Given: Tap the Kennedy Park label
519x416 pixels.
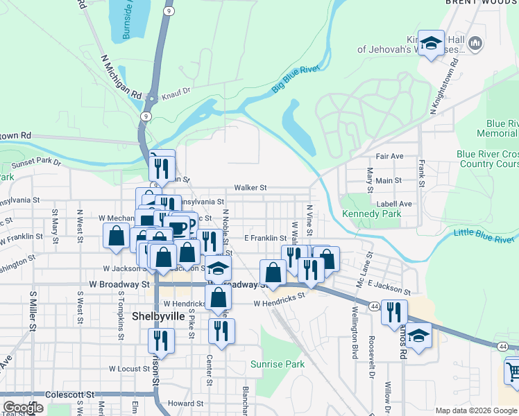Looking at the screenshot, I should (371, 214).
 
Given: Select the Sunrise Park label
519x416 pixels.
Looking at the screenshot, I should (277, 363).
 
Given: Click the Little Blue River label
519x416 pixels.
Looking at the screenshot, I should (486, 234).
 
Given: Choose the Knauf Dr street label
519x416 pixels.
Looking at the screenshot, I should (176, 91).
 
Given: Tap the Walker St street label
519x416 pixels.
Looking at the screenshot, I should (250, 188).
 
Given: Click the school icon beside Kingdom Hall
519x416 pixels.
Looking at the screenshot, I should (431, 44).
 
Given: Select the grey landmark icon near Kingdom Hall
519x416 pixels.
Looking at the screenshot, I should (475, 44).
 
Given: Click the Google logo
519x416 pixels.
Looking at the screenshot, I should (22, 408).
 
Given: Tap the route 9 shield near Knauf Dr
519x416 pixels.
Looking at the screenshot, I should (145, 116).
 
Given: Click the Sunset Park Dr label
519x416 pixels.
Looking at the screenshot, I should (37, 164).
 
